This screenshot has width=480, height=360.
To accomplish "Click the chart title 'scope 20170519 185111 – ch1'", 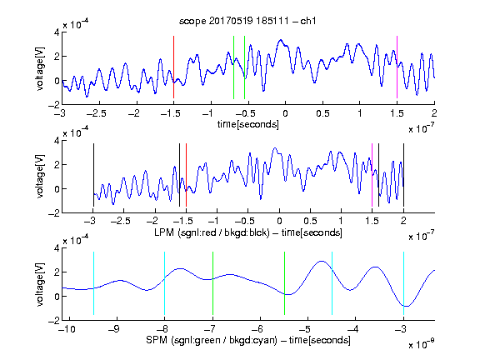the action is click(247, 21).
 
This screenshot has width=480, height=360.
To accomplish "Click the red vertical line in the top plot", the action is click(173, 67).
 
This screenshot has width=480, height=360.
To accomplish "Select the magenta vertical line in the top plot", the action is click(397, 67).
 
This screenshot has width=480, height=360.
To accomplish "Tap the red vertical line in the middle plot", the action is click(186, 175).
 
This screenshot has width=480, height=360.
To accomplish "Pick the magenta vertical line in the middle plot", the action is click(372, 175).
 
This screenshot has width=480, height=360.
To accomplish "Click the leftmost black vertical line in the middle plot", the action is click(93, 175).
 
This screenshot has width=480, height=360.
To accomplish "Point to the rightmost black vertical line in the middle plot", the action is click(403, 175).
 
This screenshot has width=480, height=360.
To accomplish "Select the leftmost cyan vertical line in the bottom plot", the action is click(93, 283).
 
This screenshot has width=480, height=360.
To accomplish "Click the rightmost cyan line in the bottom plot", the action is click(403, 283).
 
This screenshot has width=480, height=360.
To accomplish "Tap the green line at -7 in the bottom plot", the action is click(212, 283).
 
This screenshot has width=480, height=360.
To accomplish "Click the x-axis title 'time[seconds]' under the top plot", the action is click(248, 124).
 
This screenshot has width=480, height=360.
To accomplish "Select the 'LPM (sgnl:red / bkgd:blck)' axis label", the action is click(212, 232).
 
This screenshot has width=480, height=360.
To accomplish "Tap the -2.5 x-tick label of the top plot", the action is click(97, 113).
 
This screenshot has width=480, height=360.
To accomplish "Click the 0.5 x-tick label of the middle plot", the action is click(310, 221).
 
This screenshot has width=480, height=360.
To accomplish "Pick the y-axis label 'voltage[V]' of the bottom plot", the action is click(40, 284).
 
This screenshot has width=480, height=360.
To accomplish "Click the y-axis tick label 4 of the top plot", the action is click(57, 32).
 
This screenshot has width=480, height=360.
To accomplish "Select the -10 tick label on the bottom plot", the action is click(67, 329).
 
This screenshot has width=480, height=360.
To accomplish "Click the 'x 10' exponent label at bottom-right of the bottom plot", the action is click(421, 343).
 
